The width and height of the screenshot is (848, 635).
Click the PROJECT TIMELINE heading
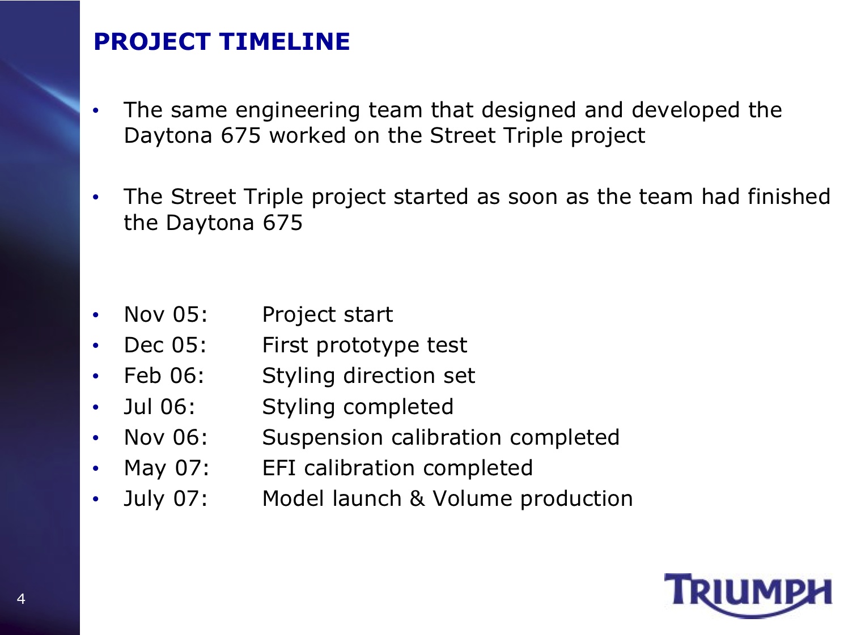[222, 42]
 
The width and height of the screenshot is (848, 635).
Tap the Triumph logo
[748, 595]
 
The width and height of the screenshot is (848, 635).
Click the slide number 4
[21, 599]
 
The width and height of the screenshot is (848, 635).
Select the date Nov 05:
[166, 314]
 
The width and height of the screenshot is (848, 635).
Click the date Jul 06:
[159, 407]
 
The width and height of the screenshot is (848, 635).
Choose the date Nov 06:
[166, 437]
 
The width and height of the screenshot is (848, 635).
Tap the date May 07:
[167, 468]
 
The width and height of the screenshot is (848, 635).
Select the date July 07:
[166, 499]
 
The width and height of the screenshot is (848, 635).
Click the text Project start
[328, 314]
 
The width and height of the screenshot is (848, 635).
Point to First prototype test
[364, 345]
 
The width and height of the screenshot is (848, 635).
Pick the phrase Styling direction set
[368, 376]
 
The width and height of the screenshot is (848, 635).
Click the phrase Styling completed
[358, 407]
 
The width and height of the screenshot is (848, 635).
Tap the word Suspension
[323, 438]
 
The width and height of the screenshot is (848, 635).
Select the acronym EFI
[279, 468]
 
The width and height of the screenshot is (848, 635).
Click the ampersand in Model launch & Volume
[417, 498]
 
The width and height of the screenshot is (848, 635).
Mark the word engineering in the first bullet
[298, 111]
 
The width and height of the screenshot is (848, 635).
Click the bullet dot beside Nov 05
[96, 315]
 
